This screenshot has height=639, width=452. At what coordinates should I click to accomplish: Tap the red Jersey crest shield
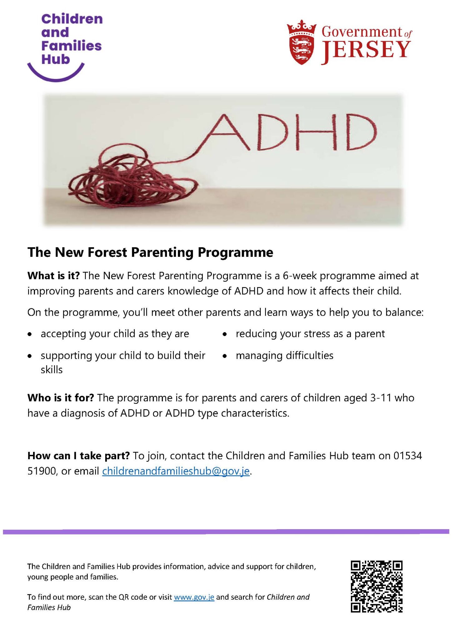pyautogui.click(x=301, y=44)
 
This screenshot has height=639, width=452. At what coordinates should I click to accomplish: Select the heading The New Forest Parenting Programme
pyautogui.click(x=150, y=252)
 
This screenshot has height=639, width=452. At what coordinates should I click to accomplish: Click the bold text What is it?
pyautogui.click(x=53, y=276)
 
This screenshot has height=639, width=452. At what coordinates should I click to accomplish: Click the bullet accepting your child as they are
pyautogui.click(x=115, y=334)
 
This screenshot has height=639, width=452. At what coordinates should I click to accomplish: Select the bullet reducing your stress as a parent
pyautogui.click(x=310, y=334)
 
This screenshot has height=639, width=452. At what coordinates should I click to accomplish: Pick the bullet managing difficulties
pyautogui.click(x=284, y=355)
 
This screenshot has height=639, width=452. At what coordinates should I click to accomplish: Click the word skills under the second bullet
pyautogui.click(x=52, y=369)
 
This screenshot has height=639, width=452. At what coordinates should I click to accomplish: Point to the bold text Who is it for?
pyautogui.click(x=61, y=398)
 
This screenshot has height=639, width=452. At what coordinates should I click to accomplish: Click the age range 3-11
pyautogui.click(x=381, y=398)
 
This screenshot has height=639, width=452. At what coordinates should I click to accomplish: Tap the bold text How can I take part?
pyautogui.click(x=78, y=456)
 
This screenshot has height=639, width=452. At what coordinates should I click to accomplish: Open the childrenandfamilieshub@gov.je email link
pyautogui.click(x=176, y=471)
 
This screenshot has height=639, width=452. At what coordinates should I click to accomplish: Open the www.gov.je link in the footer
pyautogui.click(x=194, y=597)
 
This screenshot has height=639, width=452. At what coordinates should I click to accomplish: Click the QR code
pyautogui.click(x=376, y=587)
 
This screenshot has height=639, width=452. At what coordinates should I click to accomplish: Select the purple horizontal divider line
pyautogui.click(x=226, y=532)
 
